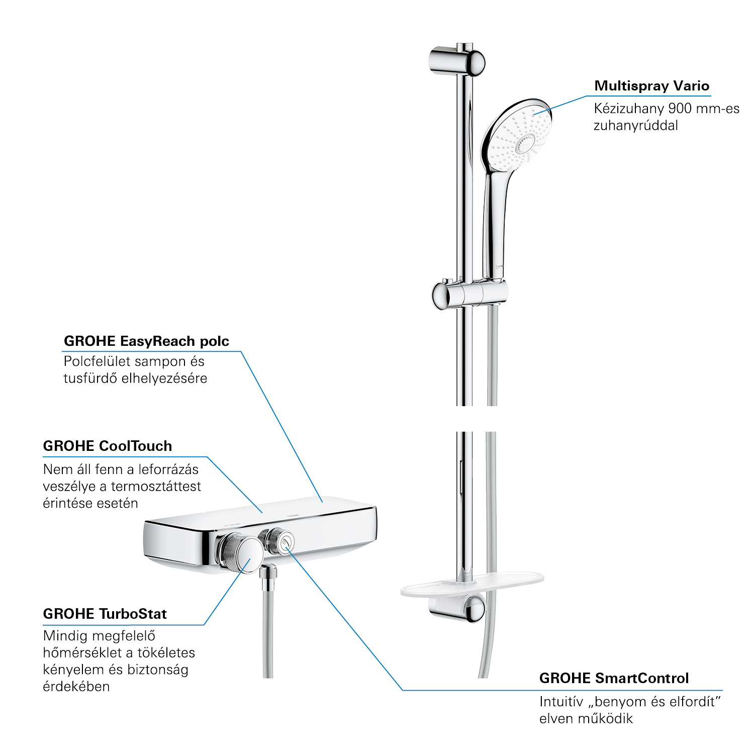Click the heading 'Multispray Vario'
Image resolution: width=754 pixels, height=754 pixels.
point(651,86)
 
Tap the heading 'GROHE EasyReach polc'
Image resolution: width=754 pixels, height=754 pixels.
point(146,341)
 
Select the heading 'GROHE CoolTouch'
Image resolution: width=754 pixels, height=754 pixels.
point(108,446)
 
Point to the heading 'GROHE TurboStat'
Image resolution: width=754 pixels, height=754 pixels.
point(105,614)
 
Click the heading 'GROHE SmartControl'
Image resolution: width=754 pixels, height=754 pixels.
point(614,678)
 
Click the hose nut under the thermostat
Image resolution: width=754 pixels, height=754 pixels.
point(269,573)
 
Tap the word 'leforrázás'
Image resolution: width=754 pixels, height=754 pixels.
point(168,469)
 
